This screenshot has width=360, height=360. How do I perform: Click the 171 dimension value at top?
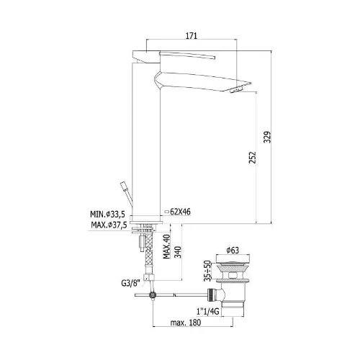click(x=192, y=36)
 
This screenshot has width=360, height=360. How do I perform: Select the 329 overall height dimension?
click(x=267, y=138)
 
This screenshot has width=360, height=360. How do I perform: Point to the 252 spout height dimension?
click(x=252, y=158)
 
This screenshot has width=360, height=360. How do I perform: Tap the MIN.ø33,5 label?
click(x=107, y=214)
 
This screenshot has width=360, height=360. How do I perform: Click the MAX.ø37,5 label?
click(x=109, y=225)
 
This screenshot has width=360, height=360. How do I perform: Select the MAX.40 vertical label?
click(x=167, y=247)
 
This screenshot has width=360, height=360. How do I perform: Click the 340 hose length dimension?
click(x=178, y=252)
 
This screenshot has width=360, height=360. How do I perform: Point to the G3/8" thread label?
click(x=130, y=283)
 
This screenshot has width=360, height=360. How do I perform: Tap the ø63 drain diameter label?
click(x=233, y=251)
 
